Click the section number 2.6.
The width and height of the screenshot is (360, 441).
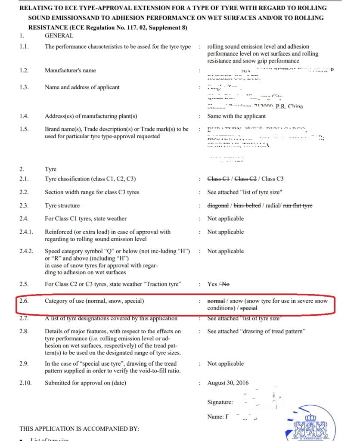click(25, 301)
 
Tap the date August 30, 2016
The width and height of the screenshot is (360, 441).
click(228, 383)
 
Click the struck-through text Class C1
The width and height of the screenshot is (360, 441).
click(218, 179)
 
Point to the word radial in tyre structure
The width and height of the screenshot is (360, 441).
click(272, 205)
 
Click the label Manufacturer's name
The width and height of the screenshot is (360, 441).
click(70, 70)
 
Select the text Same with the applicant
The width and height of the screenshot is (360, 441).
click(236, 116)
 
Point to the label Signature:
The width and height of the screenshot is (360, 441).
click(220, 402)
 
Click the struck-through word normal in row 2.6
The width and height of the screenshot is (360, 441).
click(216, 301)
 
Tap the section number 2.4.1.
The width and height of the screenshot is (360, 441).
click(27, 232)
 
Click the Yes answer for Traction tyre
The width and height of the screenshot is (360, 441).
click(212, 284)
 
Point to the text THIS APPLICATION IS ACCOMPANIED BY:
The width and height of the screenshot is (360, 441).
click(79, 429)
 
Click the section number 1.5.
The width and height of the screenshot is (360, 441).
click(24, 129)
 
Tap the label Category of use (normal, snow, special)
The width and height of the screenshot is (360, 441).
click(94, 301)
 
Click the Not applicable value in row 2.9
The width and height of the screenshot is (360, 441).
click(225, 363)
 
